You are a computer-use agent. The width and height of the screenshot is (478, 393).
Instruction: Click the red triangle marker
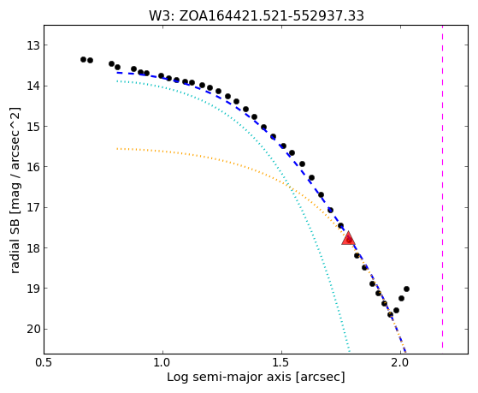pyautogui.click(x=348, y=239)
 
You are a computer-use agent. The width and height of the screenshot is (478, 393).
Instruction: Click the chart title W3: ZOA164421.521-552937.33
pyautogui.click(x=256, y=15)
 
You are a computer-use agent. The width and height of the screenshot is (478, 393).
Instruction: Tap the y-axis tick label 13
pyautogui.click(x=33, y=45)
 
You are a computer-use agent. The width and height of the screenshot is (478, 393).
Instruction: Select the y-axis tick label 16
pyautogui.click(x=33, y=167)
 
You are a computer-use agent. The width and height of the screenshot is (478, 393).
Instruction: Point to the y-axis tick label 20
pyautogui.click(x=33, y=329)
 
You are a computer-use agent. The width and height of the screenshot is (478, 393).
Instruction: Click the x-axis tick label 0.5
pyautogui.click(x=44, y=363)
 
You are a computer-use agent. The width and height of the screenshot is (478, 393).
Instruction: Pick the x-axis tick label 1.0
pyautogui.click(x=162, y=363)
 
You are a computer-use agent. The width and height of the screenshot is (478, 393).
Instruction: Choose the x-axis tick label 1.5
pyautogui.click(x=281, y=363)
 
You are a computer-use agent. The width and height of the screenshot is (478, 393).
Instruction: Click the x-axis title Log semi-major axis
pyautogui.click(x=229, y=377)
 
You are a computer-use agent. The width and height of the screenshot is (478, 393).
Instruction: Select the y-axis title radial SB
pyautogui.click(x=15, y=249)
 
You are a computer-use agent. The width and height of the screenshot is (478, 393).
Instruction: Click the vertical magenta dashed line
pyautogui.click(x=442, y=187)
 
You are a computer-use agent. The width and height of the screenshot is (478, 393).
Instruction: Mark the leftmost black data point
pyautogui.click(x=83, y=59)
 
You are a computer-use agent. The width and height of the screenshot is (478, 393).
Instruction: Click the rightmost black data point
pyautogui.click(x=406, y=289)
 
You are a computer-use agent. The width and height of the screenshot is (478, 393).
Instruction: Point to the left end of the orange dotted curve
pyautogui.click(x=117, y=149)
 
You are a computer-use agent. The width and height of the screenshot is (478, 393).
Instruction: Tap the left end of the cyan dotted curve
pyautogui.click(x=117, y=81)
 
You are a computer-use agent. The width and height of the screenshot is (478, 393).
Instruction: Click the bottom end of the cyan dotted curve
pyautogui.click(x=350, y=351)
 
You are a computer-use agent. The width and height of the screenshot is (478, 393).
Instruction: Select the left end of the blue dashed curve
pyautogui.click(x=117, y=73)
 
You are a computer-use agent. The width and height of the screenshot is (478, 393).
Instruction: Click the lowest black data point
pyautogui.click(x=390, y=314)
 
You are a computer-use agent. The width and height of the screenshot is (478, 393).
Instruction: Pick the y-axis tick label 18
pyautogui.click(x=33, y=248)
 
